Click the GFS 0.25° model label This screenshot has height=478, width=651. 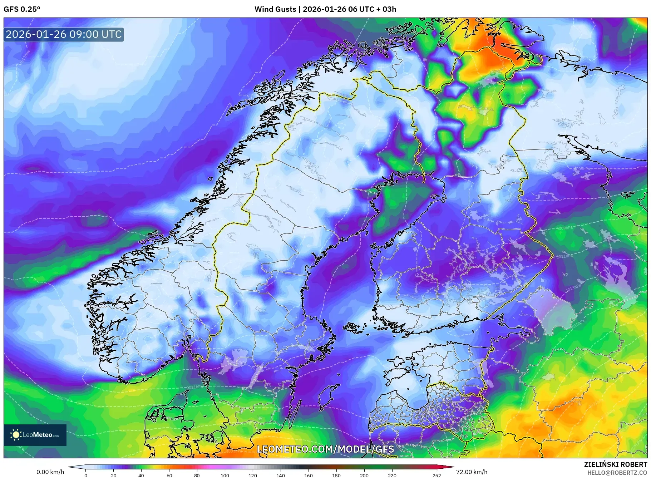[22, 9]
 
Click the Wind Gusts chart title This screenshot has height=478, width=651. [325, 9]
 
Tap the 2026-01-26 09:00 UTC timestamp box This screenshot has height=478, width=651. [64, 34]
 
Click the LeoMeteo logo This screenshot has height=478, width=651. [35, 435]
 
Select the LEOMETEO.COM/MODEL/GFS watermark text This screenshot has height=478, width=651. [325, 449]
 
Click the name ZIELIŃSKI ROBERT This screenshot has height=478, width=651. [615, 464]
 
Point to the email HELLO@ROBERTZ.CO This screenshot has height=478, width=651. [617, 473]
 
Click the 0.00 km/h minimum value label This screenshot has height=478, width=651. [50, 472]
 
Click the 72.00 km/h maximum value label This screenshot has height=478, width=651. [472, 472]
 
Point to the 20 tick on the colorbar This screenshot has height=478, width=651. [113, 475]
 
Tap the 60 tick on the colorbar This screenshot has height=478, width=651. [169, 475]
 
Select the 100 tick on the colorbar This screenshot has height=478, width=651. [225, 475]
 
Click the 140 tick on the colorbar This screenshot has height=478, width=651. [280, 475]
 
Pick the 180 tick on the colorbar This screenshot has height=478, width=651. [336, 475]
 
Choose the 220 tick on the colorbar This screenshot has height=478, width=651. [392, 475]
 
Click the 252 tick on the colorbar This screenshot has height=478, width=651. [437, 475]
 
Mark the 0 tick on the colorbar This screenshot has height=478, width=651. [85, 475]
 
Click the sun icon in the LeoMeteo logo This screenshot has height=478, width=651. [16, 435]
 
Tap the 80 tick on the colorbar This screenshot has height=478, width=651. [197, 475]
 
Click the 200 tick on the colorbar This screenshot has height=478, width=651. [364, 475]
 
